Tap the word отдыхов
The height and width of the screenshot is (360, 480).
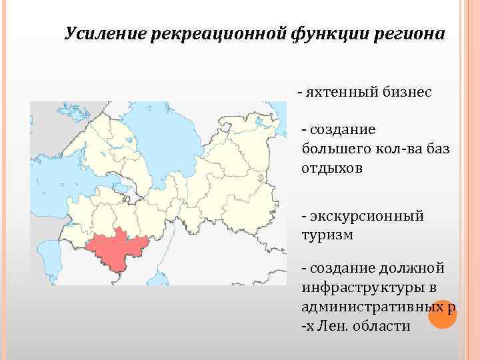click(x=332, y=168)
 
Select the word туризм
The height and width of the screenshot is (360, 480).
click(x=327, y=235)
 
